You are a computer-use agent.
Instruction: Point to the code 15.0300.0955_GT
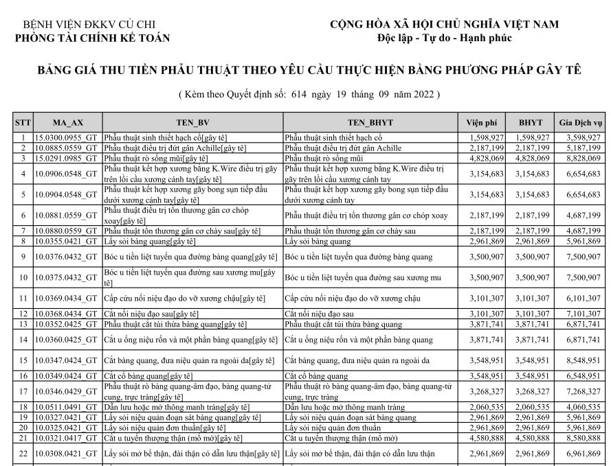click(x=67, y=138)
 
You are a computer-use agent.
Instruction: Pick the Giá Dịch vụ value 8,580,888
click(x=581, y=437)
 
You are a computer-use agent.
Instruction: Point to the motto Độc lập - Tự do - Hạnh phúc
click(x=445, y=38)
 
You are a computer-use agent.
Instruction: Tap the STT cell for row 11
click(x=23, y=298)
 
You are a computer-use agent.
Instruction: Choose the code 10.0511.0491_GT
click(x=67, y=407)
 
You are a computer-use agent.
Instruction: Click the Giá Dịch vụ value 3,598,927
click(x=581, y=138)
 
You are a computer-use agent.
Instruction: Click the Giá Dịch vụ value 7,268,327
click(x=581, y=391)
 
